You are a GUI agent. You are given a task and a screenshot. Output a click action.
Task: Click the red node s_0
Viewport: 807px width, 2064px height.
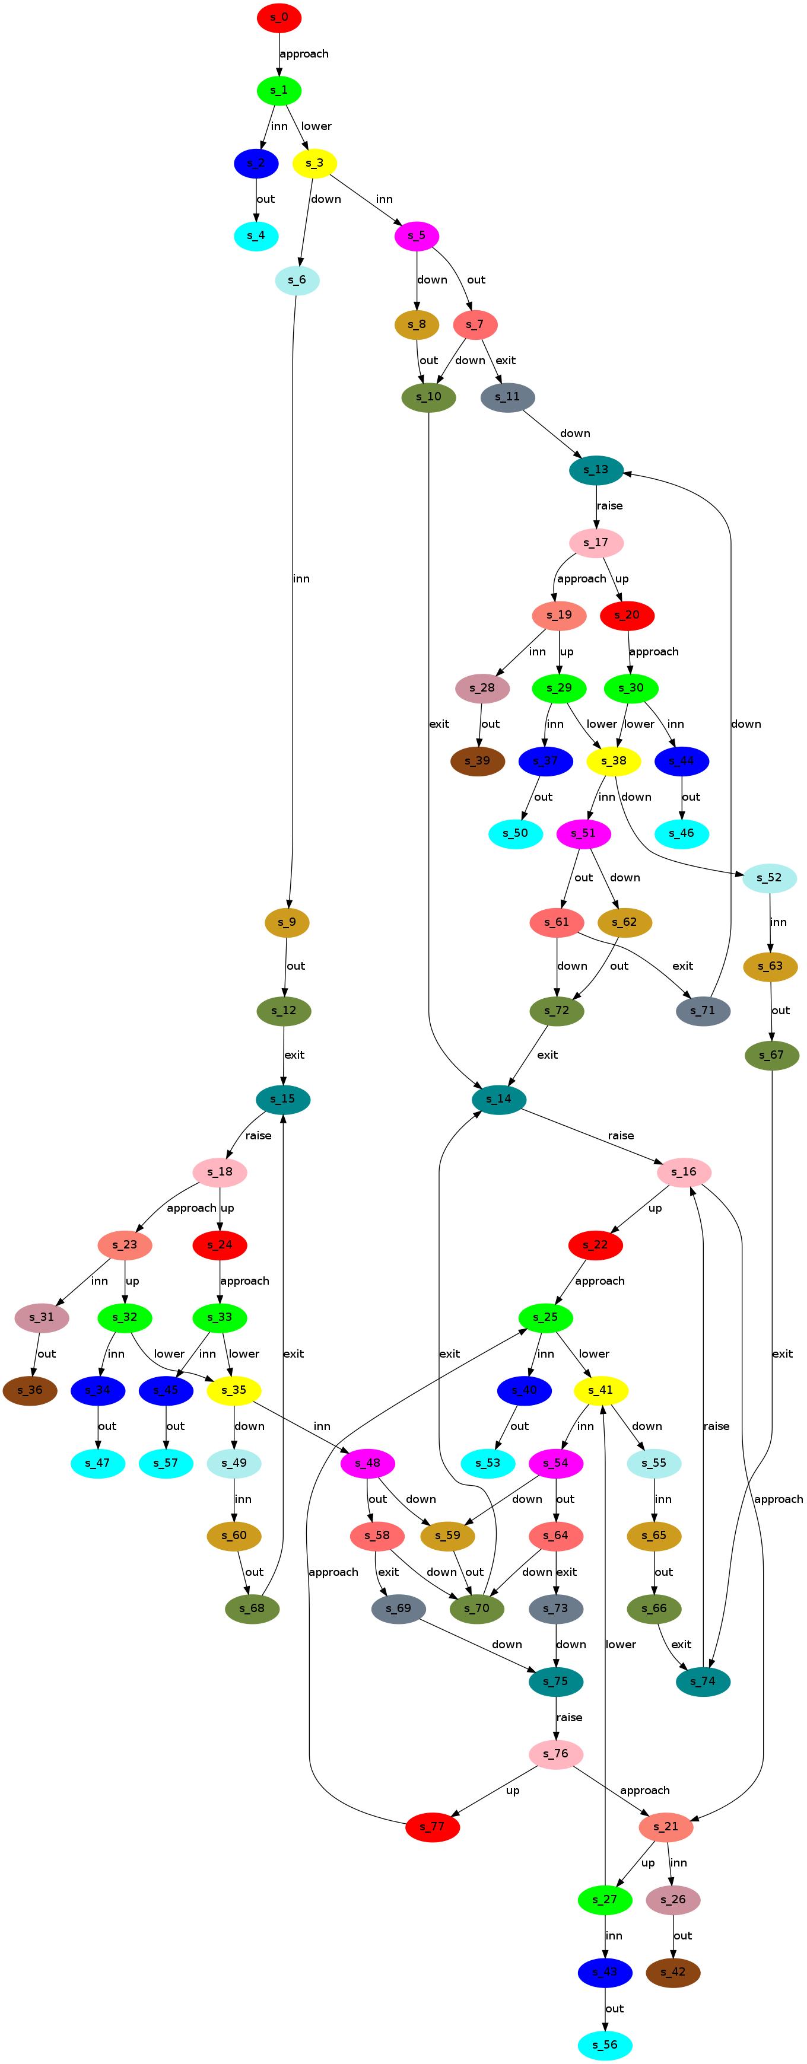pos(279,18)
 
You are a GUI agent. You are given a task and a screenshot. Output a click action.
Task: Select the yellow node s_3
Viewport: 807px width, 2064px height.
pos(314,164)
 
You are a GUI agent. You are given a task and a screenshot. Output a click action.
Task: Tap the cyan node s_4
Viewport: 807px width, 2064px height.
pos(256,235)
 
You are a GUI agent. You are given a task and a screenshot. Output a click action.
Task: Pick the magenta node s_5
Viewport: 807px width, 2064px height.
pos(416,235)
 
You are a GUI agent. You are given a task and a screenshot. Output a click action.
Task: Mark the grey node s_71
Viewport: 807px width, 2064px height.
pos(703,1011)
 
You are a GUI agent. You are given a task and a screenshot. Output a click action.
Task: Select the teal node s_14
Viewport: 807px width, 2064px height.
pos(498,1098)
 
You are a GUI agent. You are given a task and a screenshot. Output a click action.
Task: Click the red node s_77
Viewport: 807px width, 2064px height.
pos(433,1827)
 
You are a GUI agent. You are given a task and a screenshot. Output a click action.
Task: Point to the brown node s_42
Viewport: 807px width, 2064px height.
pos(673,1972)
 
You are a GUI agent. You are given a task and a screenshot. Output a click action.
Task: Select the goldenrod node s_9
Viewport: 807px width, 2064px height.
pos(286,922)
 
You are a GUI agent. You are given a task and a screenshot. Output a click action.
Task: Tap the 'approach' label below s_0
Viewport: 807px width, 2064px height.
pos(304,54)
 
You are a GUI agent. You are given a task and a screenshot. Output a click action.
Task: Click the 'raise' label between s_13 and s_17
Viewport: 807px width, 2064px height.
pos(609,505)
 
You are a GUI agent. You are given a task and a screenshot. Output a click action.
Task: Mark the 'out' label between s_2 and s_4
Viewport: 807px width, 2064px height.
pos(265,199)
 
